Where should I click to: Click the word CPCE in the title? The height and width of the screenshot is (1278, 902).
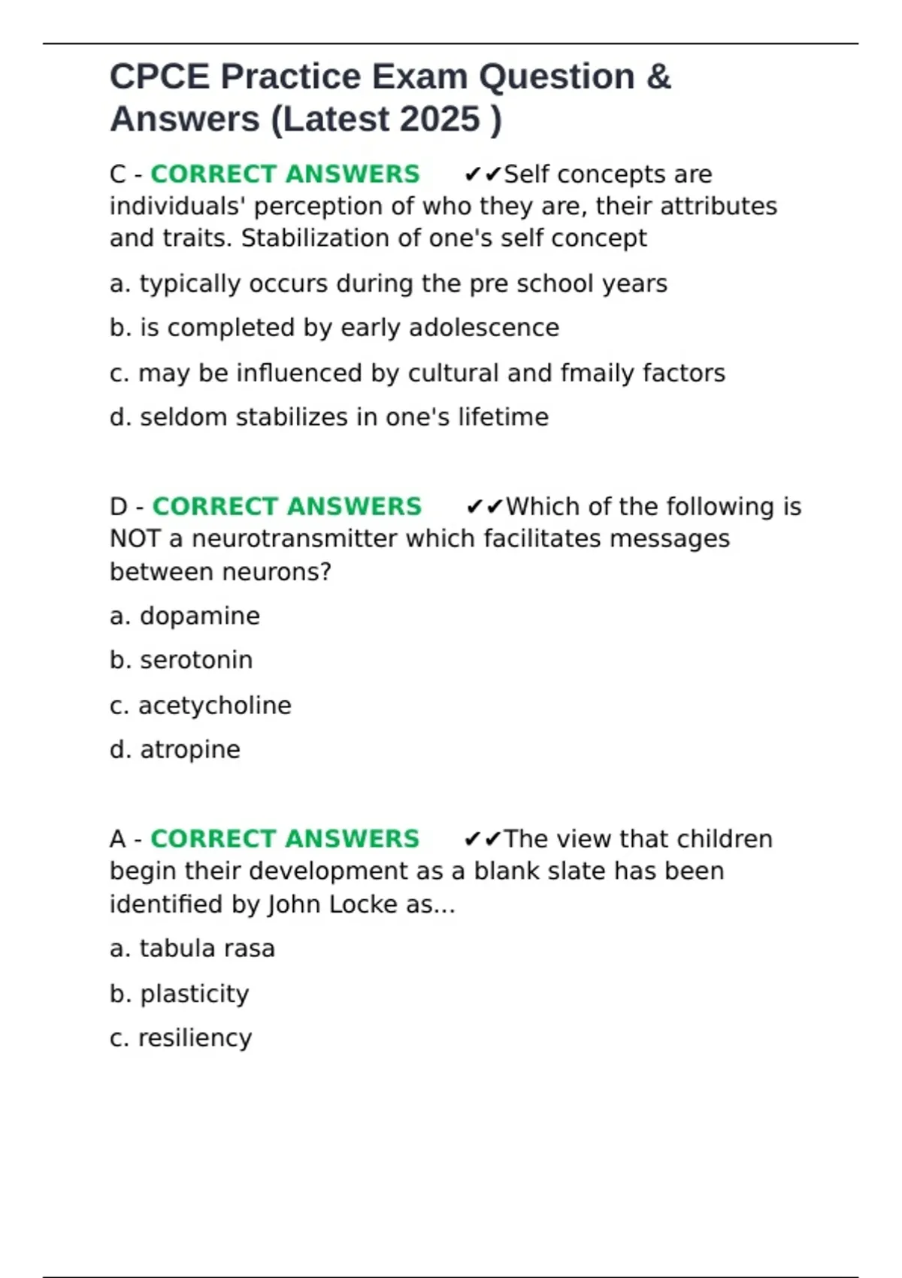pyautogui.click(x=159, y=77)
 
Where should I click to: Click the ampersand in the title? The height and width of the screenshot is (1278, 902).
pyautogui.click(x=658, y=77)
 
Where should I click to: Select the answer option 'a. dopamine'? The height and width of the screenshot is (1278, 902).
pyautogui.click(x=185, y=616)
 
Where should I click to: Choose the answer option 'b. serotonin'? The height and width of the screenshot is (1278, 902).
pyautogui.click(x=181, y=660)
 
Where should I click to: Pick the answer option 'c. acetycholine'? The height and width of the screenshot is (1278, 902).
pyautogui.click(x=200, y=705)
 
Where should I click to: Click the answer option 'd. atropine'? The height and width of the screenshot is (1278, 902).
pyautogui.click(x=175, y=750)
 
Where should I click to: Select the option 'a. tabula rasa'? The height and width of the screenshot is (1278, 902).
pyautogui.click(x=192, y=949)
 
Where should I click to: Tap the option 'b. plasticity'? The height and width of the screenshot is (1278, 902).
pyautogui.click(x=179, y=994)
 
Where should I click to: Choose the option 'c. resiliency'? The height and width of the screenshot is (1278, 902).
pyautogui.click(x=180, y=1038)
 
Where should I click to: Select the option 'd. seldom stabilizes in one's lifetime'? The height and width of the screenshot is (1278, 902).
pyautogui.click(x=329, y=417)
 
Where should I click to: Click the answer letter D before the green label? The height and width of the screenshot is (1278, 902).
pyautogui.click(x=119, y=507)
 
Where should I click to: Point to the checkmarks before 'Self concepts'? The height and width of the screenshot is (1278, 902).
pyautogui.click(x=483, y=175)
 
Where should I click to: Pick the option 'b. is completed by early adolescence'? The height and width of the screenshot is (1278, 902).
pyautogui.click(x=334, y=329)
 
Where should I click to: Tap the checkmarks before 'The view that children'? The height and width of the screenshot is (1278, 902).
pyautogui.click(x=483, y=840)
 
